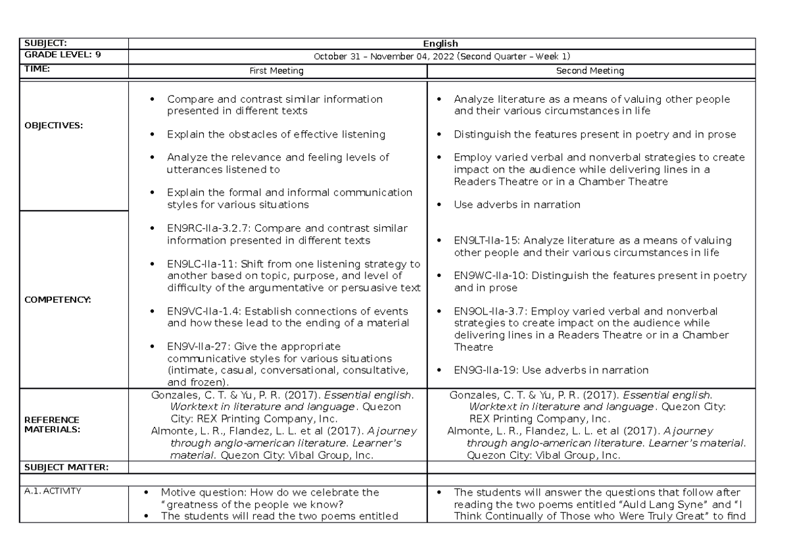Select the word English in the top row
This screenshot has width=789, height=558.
441,44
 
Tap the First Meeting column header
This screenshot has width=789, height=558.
276,70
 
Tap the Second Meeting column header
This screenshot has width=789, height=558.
590,70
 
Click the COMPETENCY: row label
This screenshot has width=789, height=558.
57,299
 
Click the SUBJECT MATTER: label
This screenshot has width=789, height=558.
66,467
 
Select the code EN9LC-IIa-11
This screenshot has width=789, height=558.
199,264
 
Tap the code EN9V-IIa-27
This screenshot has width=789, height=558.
195,346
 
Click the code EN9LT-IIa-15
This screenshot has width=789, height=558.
486,241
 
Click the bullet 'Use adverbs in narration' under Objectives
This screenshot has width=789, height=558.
517,205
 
